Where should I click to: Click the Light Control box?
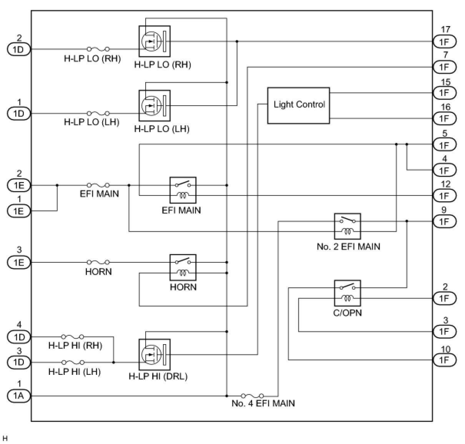(x=299, y=105)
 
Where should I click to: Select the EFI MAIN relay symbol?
(x=183, y=190)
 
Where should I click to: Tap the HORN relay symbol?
(x=183, y=267)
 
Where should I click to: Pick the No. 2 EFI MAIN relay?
(x=347, y=226)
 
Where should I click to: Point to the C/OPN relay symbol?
(x=347, y=293)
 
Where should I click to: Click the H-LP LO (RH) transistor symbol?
(x=154, y=41)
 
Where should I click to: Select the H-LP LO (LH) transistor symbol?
(x=154, y=105)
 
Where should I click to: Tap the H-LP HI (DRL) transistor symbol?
(x=154, y=354)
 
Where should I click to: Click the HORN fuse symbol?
(x=98, y=262)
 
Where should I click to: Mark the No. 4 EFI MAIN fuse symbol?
(x=252, y=395)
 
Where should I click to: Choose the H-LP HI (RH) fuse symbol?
(x=73, y=336)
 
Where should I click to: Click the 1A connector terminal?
(x=18, y=396)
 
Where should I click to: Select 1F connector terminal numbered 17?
(x=444, y=41)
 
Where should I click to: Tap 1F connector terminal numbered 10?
(x=444, y=360)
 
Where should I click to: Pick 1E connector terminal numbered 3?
(x=18, y=262)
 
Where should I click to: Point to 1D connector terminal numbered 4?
(x=18, y=337)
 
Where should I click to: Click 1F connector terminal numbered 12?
(x=444, y=196)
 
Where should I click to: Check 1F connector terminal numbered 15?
(x=444, y=93)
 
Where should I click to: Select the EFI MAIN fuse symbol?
(x=98, y=185)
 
